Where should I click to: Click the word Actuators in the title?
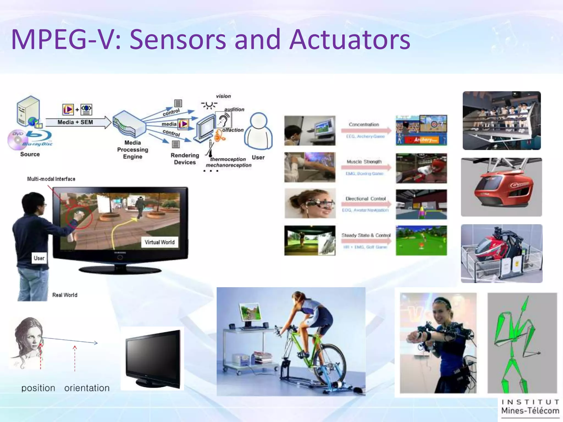pos(350,40)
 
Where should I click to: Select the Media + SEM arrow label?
pos(75,122)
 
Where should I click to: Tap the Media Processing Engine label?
pos(133,150)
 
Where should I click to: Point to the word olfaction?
pos(233,130)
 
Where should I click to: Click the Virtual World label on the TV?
pos(159,242)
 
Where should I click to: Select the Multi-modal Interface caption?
pos(51,179)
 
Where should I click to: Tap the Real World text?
pos(65,295)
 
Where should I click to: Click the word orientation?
pos(87,388)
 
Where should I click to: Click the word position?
pos(38,388)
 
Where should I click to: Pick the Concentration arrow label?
pos(364,124)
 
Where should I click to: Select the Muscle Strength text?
pos(364,162)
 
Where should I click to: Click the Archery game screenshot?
pos(421,130)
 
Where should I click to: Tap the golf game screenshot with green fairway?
pos(421,240)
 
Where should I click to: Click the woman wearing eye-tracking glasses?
pos(310,203)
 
